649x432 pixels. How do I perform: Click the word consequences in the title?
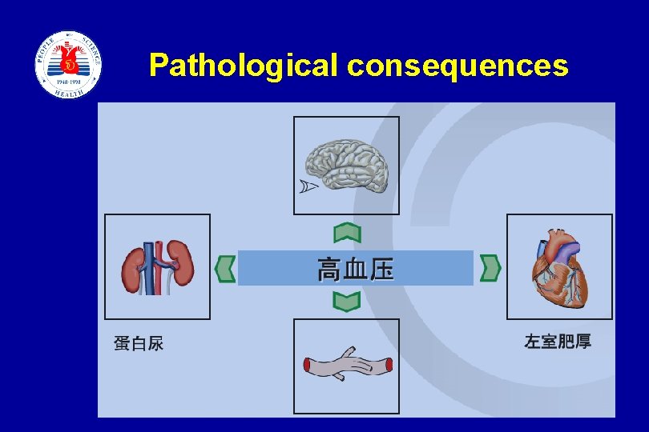click(458, 66)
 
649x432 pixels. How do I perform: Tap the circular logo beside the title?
click(68, 65)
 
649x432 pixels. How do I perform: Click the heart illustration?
click(559, 268)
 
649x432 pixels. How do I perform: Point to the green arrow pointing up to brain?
click(347, 233)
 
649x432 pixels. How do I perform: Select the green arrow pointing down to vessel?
click(347, 302)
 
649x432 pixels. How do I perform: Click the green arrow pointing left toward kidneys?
click(226, 268)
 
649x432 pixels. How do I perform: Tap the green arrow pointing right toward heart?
click(490, 268)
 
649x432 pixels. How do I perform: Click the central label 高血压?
click(356, 269)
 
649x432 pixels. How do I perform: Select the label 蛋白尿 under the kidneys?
click(139, 343)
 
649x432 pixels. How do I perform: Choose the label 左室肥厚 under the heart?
click(558, 342)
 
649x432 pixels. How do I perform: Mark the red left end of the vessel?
click(308, 366)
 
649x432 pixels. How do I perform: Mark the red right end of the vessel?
click(389, 366)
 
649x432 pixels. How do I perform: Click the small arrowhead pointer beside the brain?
click(308, 186)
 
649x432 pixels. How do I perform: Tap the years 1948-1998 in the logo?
click(68, 82)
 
